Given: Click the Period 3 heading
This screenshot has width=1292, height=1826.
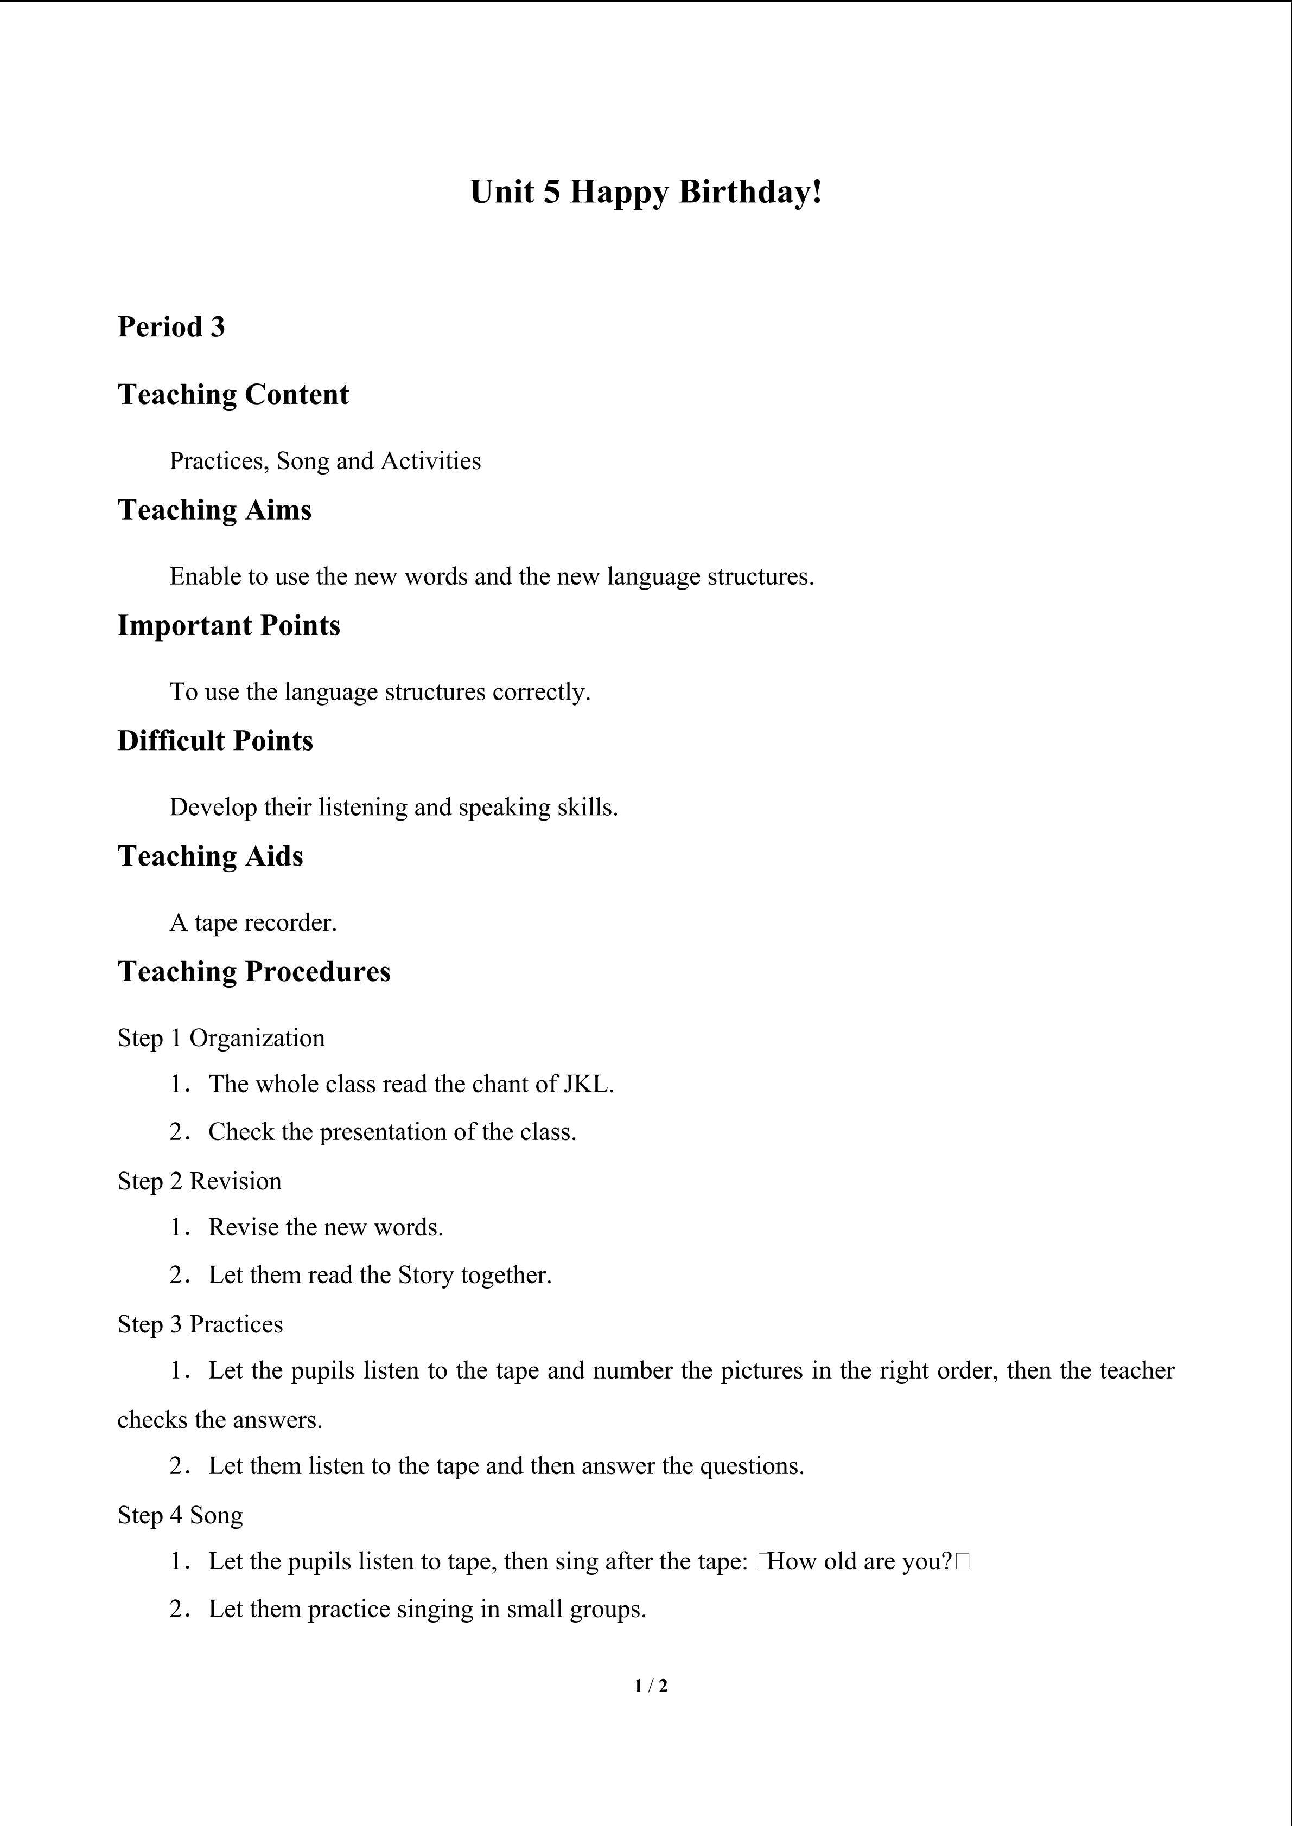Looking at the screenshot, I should pyautogui.click(x=171, y=327).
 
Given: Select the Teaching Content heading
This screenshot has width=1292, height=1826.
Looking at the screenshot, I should pyautogui.click(x=233, y=394).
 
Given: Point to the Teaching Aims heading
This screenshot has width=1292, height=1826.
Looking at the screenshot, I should pyautogui.click(x=214, y=510).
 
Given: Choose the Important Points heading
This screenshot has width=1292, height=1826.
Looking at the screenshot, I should pyautogui.click(x=228, y=625).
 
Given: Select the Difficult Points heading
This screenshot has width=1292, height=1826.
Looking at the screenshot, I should pyautogui.click(x=215, y=740).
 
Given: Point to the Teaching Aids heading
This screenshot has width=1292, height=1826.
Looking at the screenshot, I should pyautogui.click(x=210, y=856).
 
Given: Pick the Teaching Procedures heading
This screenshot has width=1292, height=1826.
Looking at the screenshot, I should pyautogui.click(x=254, y=971).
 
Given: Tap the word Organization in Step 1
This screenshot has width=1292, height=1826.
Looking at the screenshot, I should pyautogui.click(x=257, y=1038).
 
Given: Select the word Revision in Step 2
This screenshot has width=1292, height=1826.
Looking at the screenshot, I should pyautogui.click(x=236, y=1181).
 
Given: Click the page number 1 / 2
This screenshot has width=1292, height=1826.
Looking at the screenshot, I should pyautogui.click(x=651, y=1685).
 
